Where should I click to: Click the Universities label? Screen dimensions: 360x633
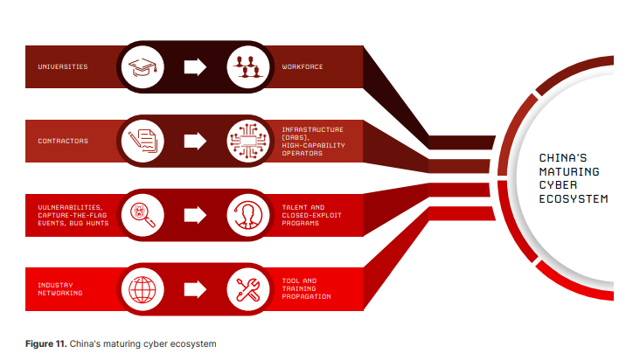(x=62, y=67)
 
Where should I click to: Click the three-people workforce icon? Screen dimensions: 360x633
(x=247, y=66)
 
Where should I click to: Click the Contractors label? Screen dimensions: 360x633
(x=62, y=140)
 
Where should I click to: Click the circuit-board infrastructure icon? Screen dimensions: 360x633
(x=247, y=140)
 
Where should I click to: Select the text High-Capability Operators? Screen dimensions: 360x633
(x=320, y=149)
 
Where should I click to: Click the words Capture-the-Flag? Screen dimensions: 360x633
(x=70, y=215)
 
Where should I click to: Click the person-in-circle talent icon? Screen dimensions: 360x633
(x=247, y=214)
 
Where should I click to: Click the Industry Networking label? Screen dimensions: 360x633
(x=60, y=289)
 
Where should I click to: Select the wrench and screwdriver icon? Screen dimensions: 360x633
(x=247, y=288)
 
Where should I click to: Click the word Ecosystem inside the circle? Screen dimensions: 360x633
(x=574, y=199)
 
